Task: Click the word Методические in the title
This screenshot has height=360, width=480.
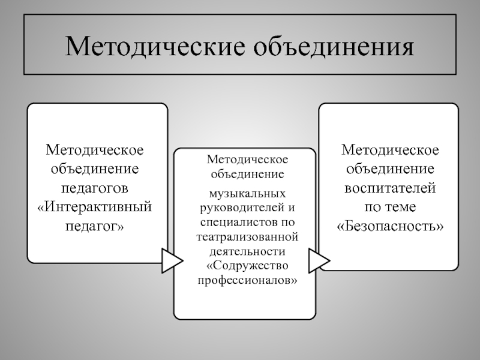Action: (x=155, y=47)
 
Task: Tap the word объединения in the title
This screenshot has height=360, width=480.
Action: (x=334, y=47)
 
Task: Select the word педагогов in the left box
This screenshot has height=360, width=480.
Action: (x=95, y=188)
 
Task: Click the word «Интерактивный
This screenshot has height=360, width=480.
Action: (x=95, y=207)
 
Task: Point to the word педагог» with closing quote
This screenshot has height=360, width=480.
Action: (x=95, y=227)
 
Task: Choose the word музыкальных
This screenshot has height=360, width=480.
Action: (x=247, y=194)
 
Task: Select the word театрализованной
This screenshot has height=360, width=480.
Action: (x=247, y=237)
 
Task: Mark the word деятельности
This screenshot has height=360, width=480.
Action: (x=247, y=251)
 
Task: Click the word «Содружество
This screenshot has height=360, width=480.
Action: (x=247, y=266)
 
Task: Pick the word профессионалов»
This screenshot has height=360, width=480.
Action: (x=247, y=280)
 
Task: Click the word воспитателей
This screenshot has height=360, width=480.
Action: (x=390, y=188)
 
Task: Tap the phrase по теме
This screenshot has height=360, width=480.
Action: (x=390, y=207)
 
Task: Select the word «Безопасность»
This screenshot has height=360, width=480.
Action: (x=390, y=226)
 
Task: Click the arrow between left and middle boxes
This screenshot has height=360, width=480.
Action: (x=172, y=261)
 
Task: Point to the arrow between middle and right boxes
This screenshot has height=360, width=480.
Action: (x=319, y=261)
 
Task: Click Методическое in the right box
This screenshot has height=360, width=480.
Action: (x=390, y=150)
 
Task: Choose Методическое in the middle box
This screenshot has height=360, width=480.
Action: (x=247, y=160)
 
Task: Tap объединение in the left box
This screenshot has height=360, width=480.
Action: (x=95, y=169)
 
